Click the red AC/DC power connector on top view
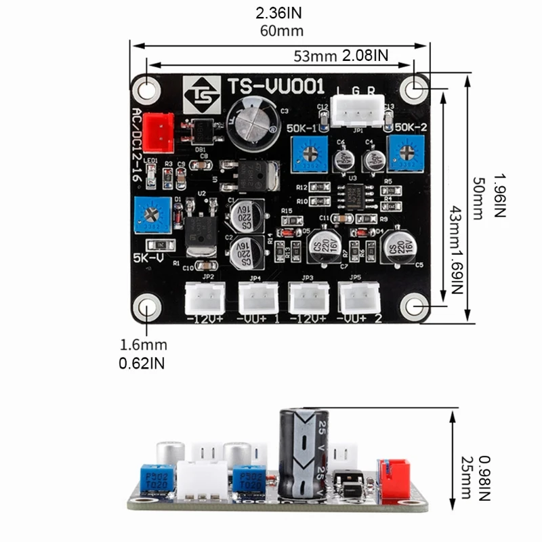[160, 129]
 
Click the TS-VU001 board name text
[275, 87]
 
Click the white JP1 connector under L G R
[355, 112]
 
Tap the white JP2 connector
[205, 297]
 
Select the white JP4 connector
[257, 297]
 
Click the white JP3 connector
[308, 297]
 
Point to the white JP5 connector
[359, 297]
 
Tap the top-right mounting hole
[415, 87]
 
